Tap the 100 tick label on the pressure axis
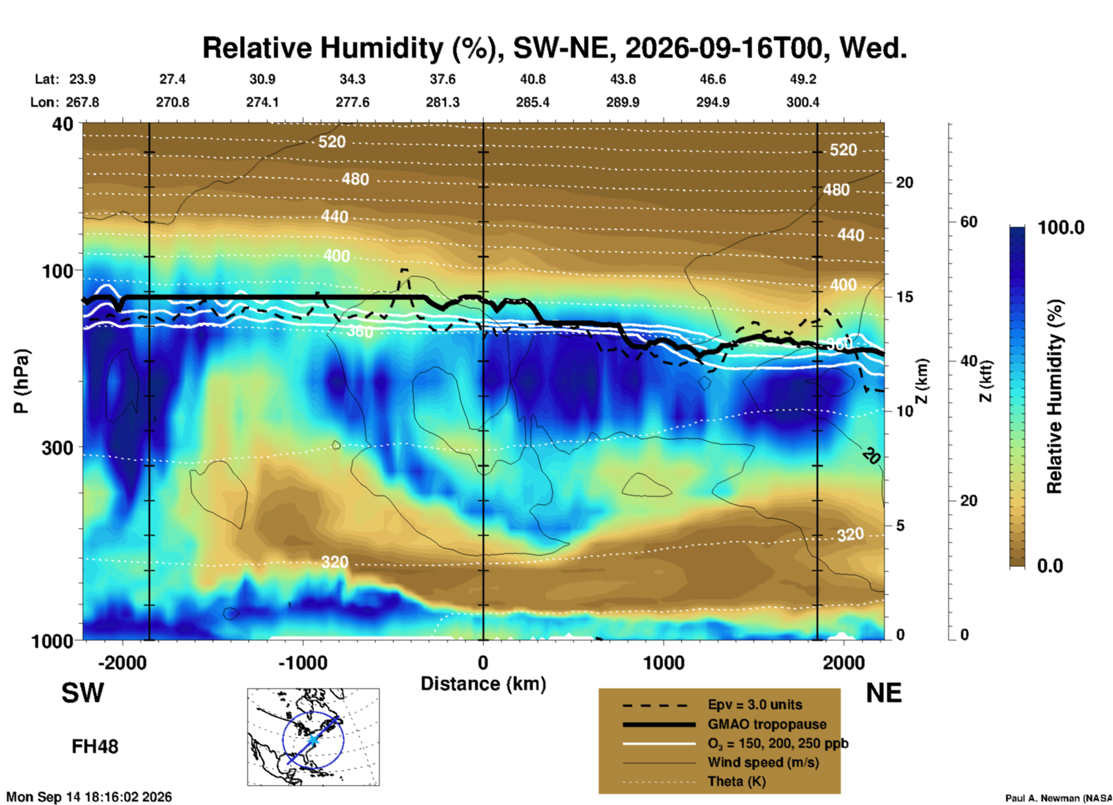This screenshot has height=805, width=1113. coord(58,270)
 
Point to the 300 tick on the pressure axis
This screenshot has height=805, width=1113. coord(58,448)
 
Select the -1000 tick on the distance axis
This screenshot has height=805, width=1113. coord(303,662)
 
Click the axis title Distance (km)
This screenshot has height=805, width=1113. coord(483,684)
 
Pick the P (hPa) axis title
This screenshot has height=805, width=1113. coord(21,381)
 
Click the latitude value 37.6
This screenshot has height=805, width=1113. coord(443,79)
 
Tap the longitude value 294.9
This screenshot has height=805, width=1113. coord(713,102)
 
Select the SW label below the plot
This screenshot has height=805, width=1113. coord(83,693)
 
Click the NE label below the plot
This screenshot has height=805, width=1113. coord(884,693)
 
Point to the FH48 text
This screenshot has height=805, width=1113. coord(95,747)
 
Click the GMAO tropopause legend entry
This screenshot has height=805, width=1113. coord(767,724)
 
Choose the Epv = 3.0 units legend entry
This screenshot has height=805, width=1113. coord(755,705)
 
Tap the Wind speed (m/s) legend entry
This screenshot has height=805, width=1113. coord(763,762)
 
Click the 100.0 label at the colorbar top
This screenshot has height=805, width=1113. coord(1061,228)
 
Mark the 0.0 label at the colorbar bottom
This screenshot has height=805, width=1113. coord(1050,566)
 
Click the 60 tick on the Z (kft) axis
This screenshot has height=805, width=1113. coord(969,222)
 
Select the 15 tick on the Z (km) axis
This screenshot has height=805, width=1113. coord(904,297)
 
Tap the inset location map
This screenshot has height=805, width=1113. coord(313,737)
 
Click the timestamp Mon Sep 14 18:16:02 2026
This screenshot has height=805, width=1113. coord(89,797)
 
